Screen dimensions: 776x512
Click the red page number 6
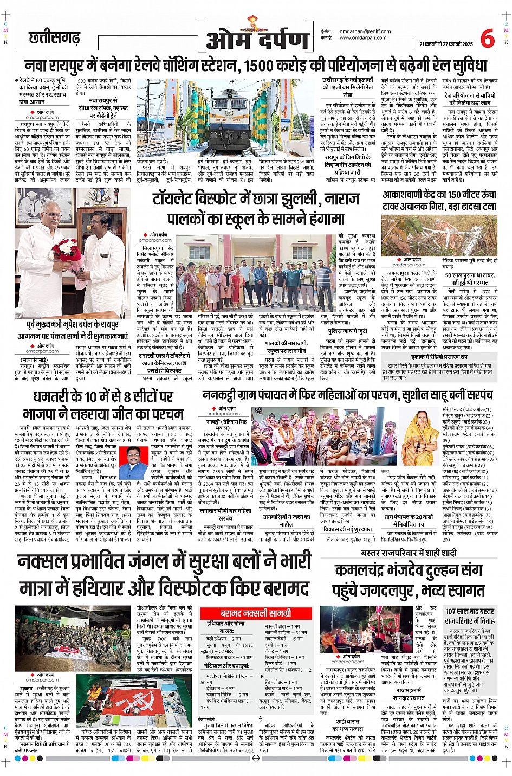487,39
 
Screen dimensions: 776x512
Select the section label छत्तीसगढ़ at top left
54,38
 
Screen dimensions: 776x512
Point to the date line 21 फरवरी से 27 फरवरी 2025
445,44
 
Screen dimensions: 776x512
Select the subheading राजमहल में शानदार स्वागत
410,694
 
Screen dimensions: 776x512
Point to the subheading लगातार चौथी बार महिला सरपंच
225,514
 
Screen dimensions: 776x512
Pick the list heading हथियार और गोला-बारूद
227,627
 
